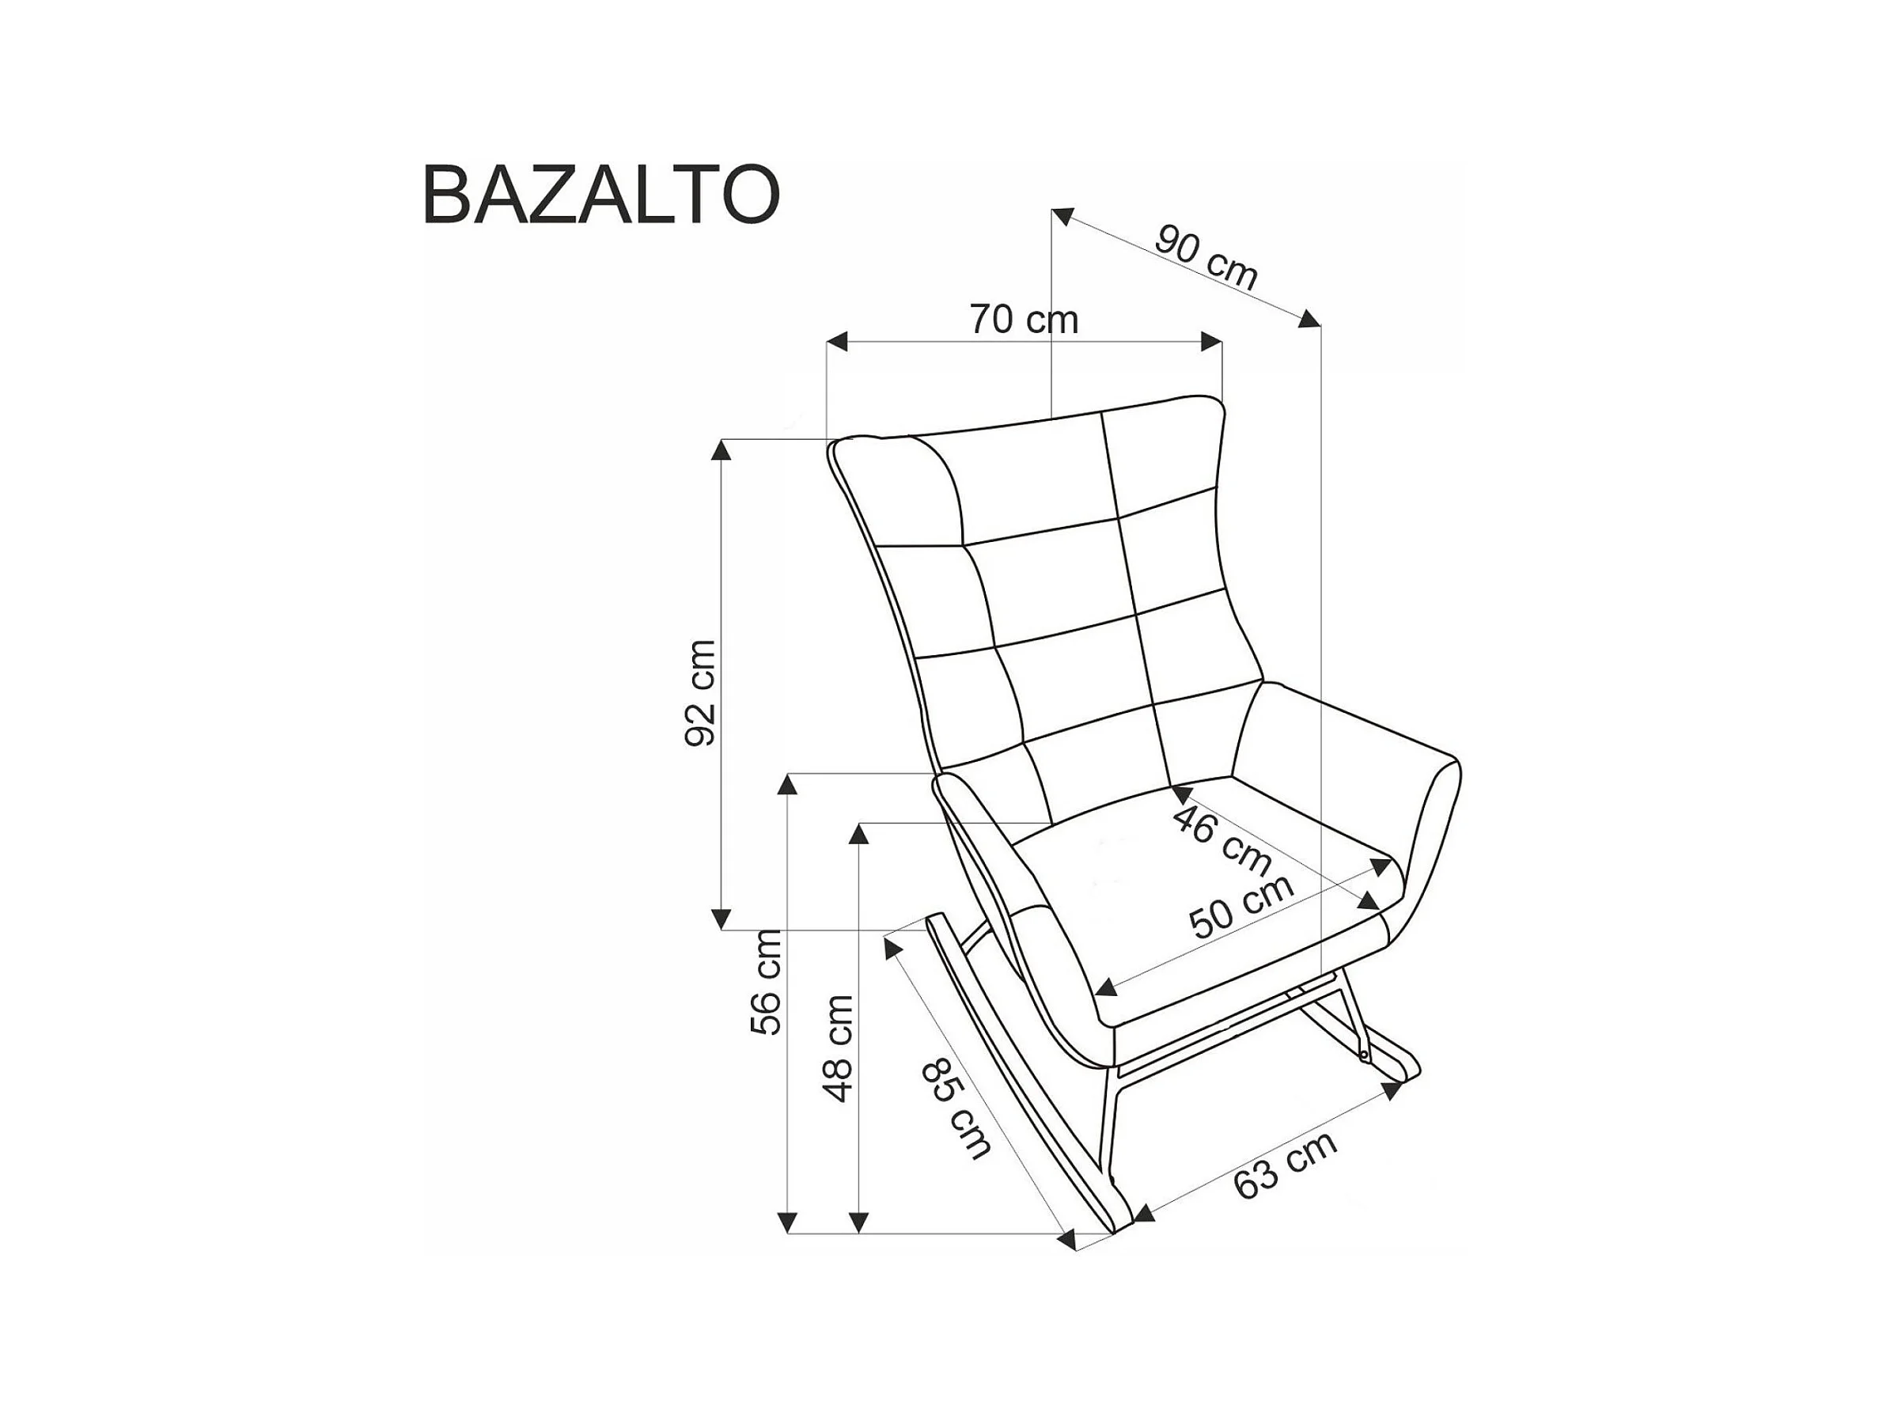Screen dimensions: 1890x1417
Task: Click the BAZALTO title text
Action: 600,195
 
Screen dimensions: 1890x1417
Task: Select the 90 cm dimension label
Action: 1206,257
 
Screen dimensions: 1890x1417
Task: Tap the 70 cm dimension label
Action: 1024,320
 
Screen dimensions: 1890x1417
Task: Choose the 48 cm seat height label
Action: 838,1048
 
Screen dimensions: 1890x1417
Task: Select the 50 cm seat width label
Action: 1241,908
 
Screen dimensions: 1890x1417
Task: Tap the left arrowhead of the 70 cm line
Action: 836,342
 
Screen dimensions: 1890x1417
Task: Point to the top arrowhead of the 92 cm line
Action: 723,449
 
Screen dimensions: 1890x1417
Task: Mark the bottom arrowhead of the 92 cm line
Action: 723,919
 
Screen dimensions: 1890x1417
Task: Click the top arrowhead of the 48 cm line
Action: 858,833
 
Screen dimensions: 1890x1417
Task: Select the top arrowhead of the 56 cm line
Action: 789,782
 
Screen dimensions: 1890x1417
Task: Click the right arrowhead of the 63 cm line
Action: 1392,1091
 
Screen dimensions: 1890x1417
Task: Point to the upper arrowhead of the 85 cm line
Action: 894,946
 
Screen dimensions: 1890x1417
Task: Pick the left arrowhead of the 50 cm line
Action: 1104,989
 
